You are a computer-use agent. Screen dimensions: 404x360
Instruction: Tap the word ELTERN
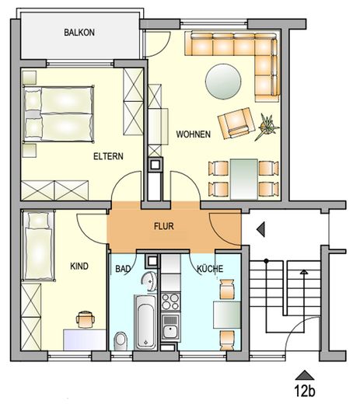coord(108,155)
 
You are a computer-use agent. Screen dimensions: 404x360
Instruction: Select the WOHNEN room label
coord(193,134)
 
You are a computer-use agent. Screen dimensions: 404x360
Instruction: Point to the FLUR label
coord(164,228)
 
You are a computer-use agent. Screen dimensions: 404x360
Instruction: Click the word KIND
coord(79,266)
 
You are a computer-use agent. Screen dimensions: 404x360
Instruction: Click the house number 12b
coord(304,390)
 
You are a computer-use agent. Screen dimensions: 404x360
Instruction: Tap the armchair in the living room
coord(235,123)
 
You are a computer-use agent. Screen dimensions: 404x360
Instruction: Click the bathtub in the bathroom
coord(143,321)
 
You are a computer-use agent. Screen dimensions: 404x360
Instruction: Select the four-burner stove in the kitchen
coord(170,301)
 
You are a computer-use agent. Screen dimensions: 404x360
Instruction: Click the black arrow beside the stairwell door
coord(260,229)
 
